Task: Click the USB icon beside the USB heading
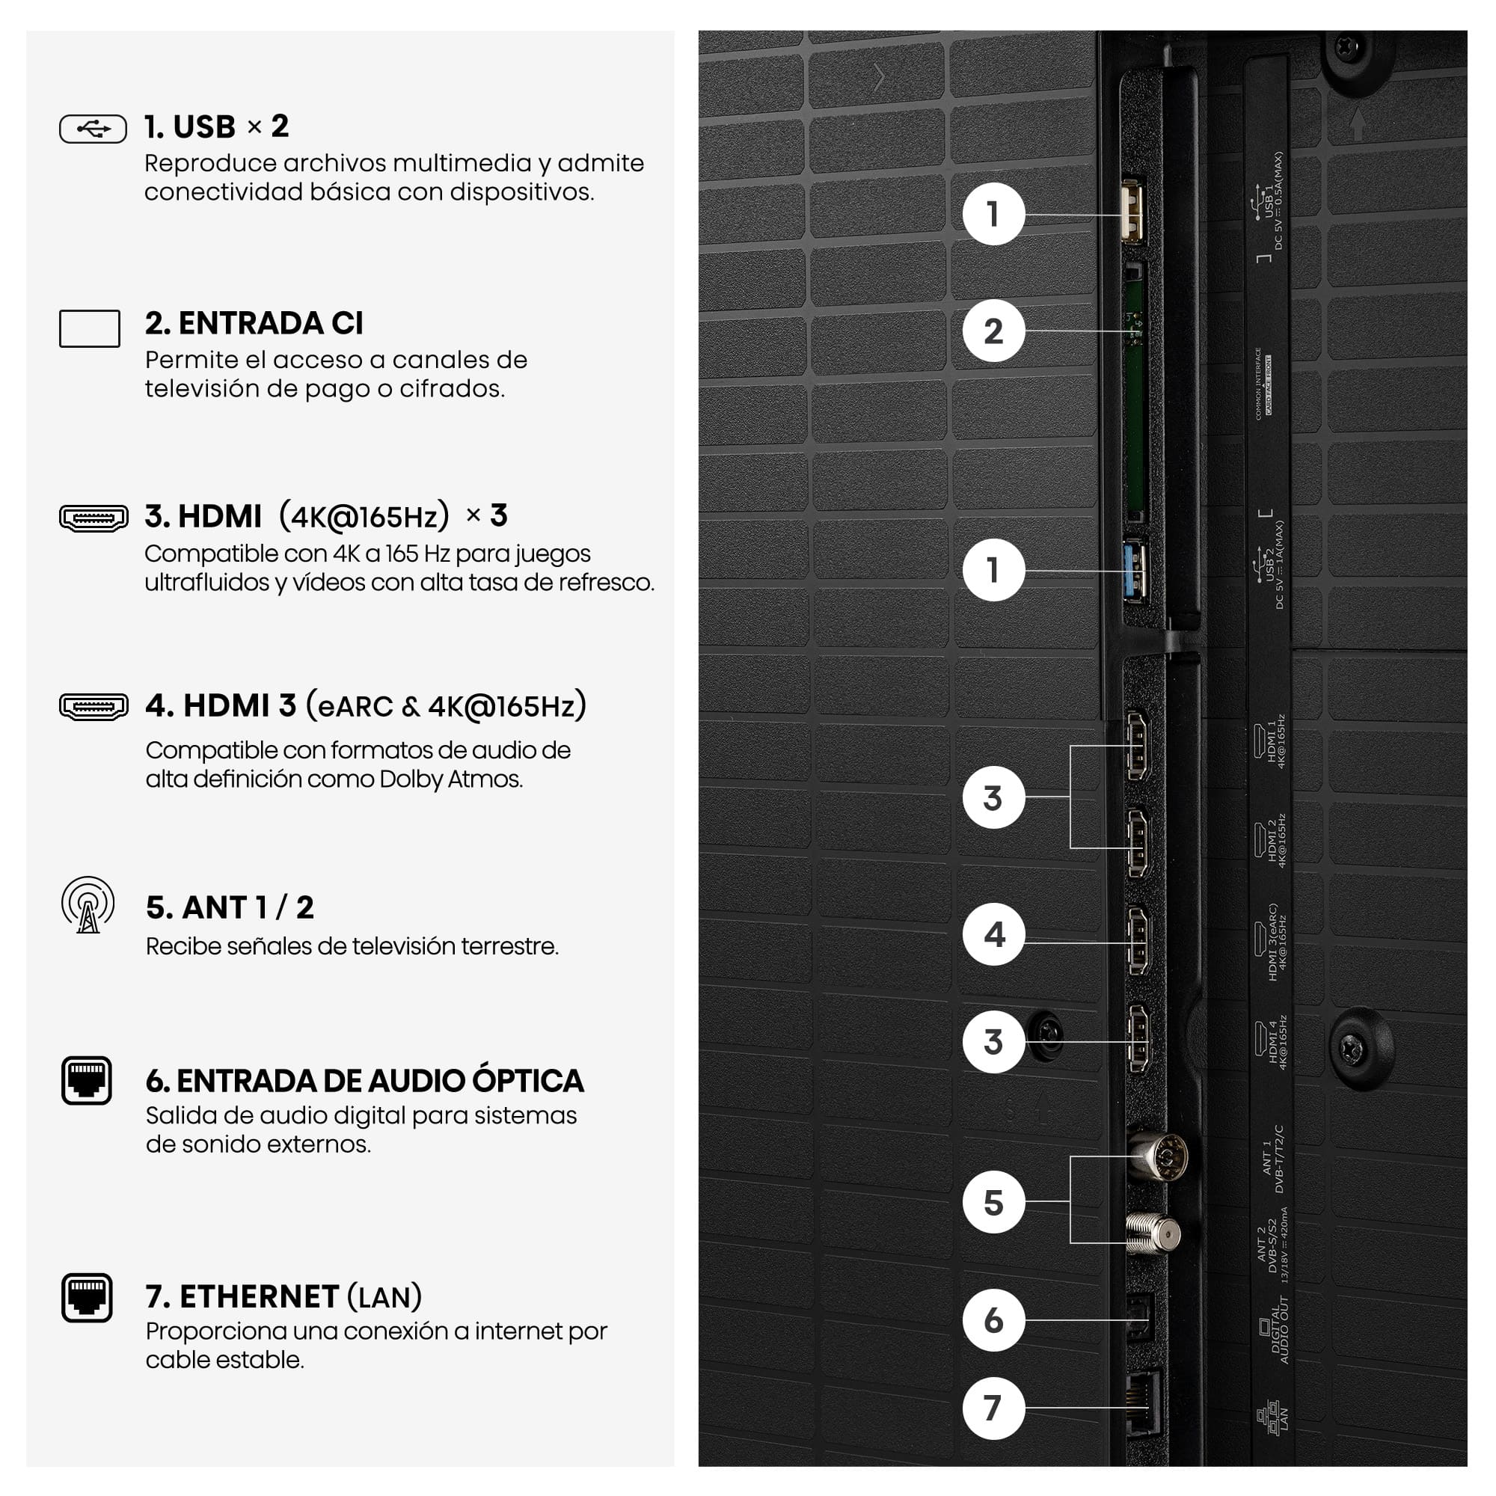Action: click(x=93, y=129)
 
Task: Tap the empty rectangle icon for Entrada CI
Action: click(x=90, y=328)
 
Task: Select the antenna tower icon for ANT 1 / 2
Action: click(x=88, y=905)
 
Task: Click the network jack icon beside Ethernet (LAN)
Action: click(x=87, y=1298)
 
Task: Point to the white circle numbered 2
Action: click(x=993, y=331)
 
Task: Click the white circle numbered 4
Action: click(x=993, y=934)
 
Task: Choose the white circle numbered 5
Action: click(x=993, y=1203)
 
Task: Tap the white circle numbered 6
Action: click(x=993, y=1320)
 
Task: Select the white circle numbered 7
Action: click(x=993, y=1408)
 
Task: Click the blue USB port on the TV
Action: click(x=1135, y=571)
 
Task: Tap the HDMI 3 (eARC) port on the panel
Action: click(x=1138, y=942)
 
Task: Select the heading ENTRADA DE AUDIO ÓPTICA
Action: click(x=365, y=1081)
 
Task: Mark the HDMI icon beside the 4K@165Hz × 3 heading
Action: click(x=93, y=518)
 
